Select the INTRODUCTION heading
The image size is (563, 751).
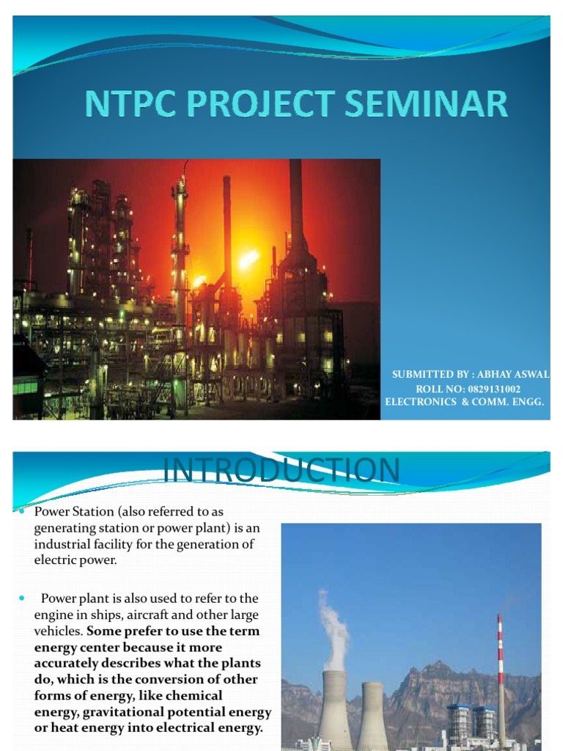pos(281,470)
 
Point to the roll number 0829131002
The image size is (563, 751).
pos(489,388)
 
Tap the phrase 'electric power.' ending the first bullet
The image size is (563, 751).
pos(75,560)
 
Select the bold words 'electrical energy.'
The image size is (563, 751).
pos(211,728)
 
